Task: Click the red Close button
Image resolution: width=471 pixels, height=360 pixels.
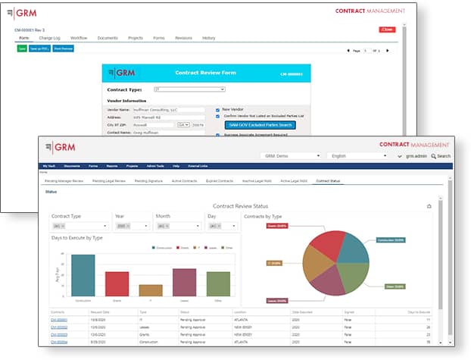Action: (x=386, y=30)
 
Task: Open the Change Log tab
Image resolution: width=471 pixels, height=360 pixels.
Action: (x=50, y=38)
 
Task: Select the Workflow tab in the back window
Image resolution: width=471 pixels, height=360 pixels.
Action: (x=79, y=38)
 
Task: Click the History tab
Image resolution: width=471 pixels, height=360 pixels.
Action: (x=208, y=38)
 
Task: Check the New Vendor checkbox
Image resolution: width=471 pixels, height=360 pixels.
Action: (x=218, y=109)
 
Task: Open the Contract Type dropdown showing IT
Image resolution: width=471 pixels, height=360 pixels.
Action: (x=189, y=89)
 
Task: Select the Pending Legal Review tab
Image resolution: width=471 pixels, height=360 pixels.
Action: (x=110, y=182)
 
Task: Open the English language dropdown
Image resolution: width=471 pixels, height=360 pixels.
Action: (x=360, y=155)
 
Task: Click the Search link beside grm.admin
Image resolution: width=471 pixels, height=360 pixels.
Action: (x=441, y=156)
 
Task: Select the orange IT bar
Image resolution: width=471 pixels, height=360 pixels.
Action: (x=151, y=290)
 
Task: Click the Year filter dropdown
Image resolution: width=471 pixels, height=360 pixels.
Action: (x=132, y=225)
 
